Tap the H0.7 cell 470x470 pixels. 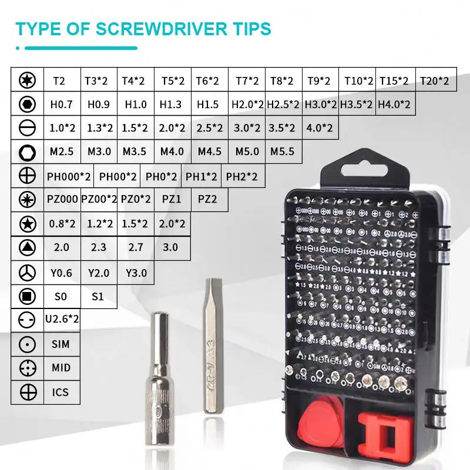pyautogui.click(x=61, y=105)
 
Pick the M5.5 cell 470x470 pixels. pyautogui.click(x=283, y=152)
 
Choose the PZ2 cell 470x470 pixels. pyautogui.click(x=207, y=199)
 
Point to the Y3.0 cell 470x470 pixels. pyautogui.click(x=136, y=273)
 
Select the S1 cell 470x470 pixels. pyautogui.click(x=98, y=297)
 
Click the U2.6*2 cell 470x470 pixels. pyautogui.click(x=62, y=319)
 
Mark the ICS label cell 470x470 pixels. pyautogui.click(x=61, y=391)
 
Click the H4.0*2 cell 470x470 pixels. pyautogui.click(x=394, y=105)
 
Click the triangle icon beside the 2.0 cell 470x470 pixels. pyautogui.click(x=27, y=247)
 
